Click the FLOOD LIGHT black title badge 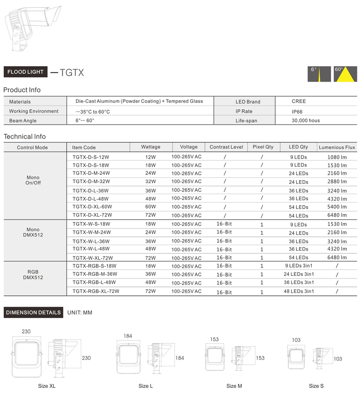click(x=25, y=72)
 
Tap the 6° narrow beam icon click(x=319, y=74)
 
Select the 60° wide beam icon click(x=345, y=74)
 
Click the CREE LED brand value click(x=299, y=101)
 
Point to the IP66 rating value click(x=297, y=112)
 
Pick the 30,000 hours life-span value click(x=306, y=121)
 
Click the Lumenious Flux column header click(x=337, y=147)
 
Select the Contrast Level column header click(x=227, y=147)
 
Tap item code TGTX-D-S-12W click(x=91, y=157)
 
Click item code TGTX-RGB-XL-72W click(x=96, y=291)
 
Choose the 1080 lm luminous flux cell click(x=337, y=157)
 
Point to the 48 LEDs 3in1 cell click(x=299, y=291)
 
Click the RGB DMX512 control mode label click(x=33, y=275)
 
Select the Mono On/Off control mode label click(x=33, y=180)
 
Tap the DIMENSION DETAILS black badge click(x=33, y=312)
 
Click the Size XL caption click(x=47, y=386)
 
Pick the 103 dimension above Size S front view click(x=296, y=340)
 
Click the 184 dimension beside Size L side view click(x=180, y=358)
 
